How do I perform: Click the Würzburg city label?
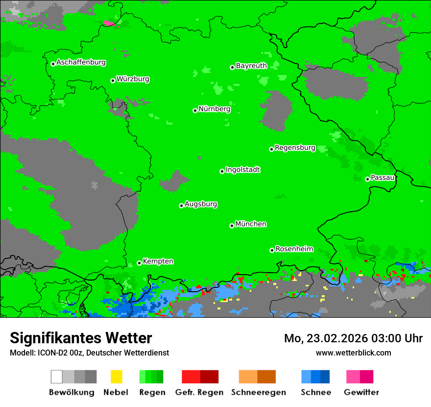pyautogui.click(x=133, y=79)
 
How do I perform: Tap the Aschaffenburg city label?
pyautogui.click(x=81, y=62)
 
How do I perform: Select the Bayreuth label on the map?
pyautogui.click(x=251, y=66)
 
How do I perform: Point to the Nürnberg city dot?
pyautogui.click(x=195, y=110)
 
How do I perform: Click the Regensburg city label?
pyautogui.click(x=295, y=148)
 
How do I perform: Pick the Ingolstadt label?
pyautogui.click(x=242, y=170)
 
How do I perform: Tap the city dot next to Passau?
pyautogui.click(x=367, y=179)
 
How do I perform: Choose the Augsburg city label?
pyautogui.click(x=201, y=204)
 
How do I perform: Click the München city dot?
pyautogui.click(x=232, y=226)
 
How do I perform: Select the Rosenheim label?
pyautogui.click(x=294, y=249)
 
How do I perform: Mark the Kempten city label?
pyautogui.click(x=158, y=261)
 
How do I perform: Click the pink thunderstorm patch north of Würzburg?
pyautogui.click(x=109, y=23)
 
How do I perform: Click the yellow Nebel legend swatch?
pyautogui.click(x=116, y=377)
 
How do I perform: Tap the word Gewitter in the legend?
pyautogui.click(x=361, y=392)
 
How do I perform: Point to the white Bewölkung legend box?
pyautogui.click(x=57, y=377)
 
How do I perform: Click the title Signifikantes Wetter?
pyautogui.click(x=81, y=338)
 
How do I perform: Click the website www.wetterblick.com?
pyautogui.click(x=353, y=353)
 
